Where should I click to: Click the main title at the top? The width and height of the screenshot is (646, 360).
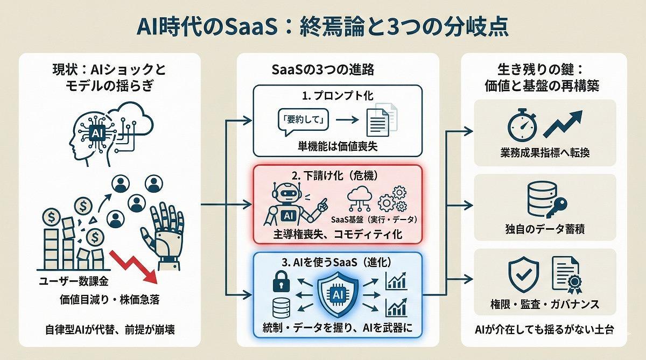click(x=322, y=26)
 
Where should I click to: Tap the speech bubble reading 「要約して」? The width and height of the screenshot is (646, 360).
click(x=295, y=119)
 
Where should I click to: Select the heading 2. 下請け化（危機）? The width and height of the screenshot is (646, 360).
click(x=338, y=175)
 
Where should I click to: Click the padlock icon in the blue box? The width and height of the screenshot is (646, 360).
click(x=280, y=280)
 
